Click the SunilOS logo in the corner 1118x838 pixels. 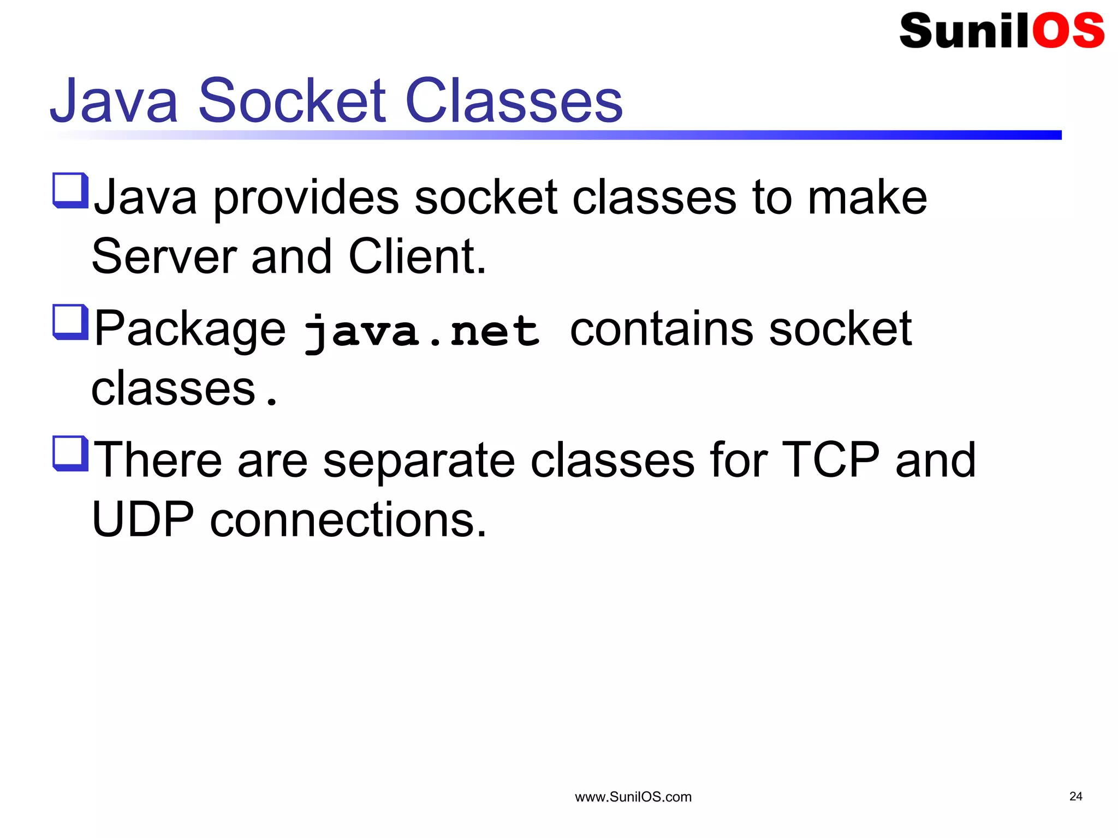[1001, 31]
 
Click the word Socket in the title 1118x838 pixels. [292, 101]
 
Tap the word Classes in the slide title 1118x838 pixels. [514, 101]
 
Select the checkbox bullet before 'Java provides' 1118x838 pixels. [70, 190]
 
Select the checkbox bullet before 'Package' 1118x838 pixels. [70, 322]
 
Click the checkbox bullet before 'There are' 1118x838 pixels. [70, 453]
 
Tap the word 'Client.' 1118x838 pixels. [417, 256]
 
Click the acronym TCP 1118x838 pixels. [830, 460]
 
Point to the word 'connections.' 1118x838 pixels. [348, 519]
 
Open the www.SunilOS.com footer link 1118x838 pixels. [633, 797]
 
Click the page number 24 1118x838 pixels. [1075, 797]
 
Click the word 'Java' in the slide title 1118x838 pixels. [114, 101]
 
